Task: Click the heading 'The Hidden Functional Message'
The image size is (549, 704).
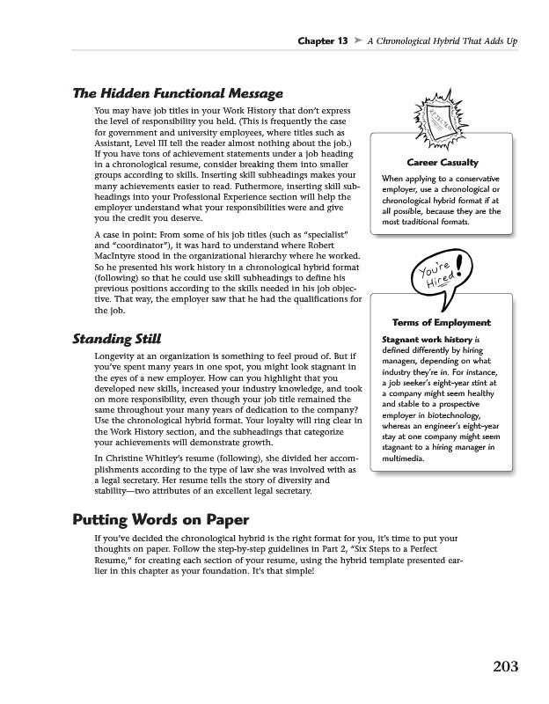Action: pos(177,93)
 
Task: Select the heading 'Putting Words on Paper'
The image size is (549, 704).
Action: pos(161,518)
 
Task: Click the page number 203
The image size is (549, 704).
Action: pos(505,665)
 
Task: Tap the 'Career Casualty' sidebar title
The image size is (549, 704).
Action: pos(443,163)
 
